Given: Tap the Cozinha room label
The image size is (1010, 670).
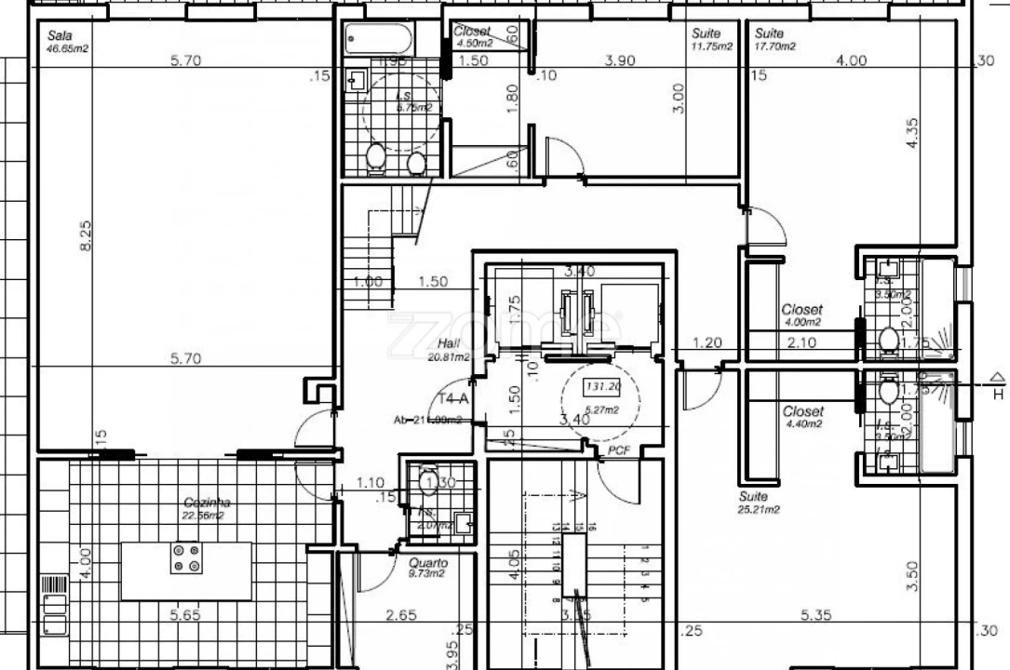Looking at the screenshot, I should [207, 503].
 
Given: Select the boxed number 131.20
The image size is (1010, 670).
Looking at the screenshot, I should [601, 386].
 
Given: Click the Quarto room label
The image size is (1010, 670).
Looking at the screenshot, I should [428, 563].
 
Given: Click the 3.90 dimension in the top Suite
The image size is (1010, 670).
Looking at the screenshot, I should [621, 60].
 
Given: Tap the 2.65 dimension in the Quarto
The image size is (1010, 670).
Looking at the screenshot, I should [400, 615].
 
